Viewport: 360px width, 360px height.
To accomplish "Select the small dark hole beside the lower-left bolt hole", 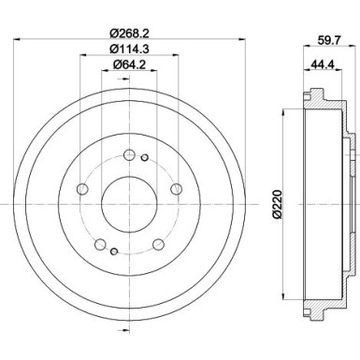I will (113, 252).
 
